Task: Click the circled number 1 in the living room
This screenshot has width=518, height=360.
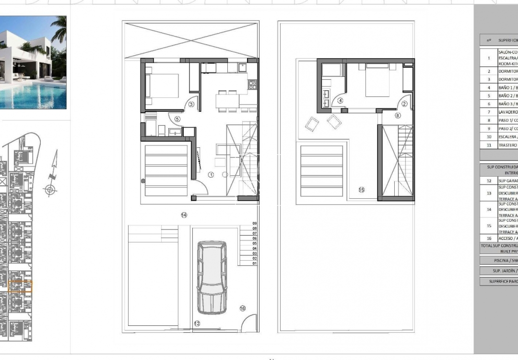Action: pyautogui.click(x=211, y=175)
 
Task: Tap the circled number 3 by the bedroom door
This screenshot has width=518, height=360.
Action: pyautogui.click(x=191, y=104)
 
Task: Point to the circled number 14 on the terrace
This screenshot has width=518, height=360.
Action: pyautogui.click(x=184, y=215)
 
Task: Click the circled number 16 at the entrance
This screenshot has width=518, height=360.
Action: pyautogui.click(x=242, y=308)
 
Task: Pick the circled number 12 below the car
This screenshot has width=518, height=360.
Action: pyautogui.click(x=197, y=324)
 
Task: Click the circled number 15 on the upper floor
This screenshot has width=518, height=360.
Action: pyautogui.click(x=361, y=190)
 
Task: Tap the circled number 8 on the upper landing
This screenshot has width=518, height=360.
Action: pyautogui.click(x=398, y=115)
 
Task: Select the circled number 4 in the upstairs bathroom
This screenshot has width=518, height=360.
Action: pyautogui.click(x=341, y=101)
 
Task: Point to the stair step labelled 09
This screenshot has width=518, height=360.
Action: pyautogui.click(x=255, y=224)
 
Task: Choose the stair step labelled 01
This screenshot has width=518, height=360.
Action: pyautogui.click(x=255, y=264)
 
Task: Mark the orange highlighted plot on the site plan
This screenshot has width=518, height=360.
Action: pyautogui.click(x=20, y=287)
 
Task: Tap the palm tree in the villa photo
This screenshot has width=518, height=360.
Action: pyautogui.click(x=59, y=28)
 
